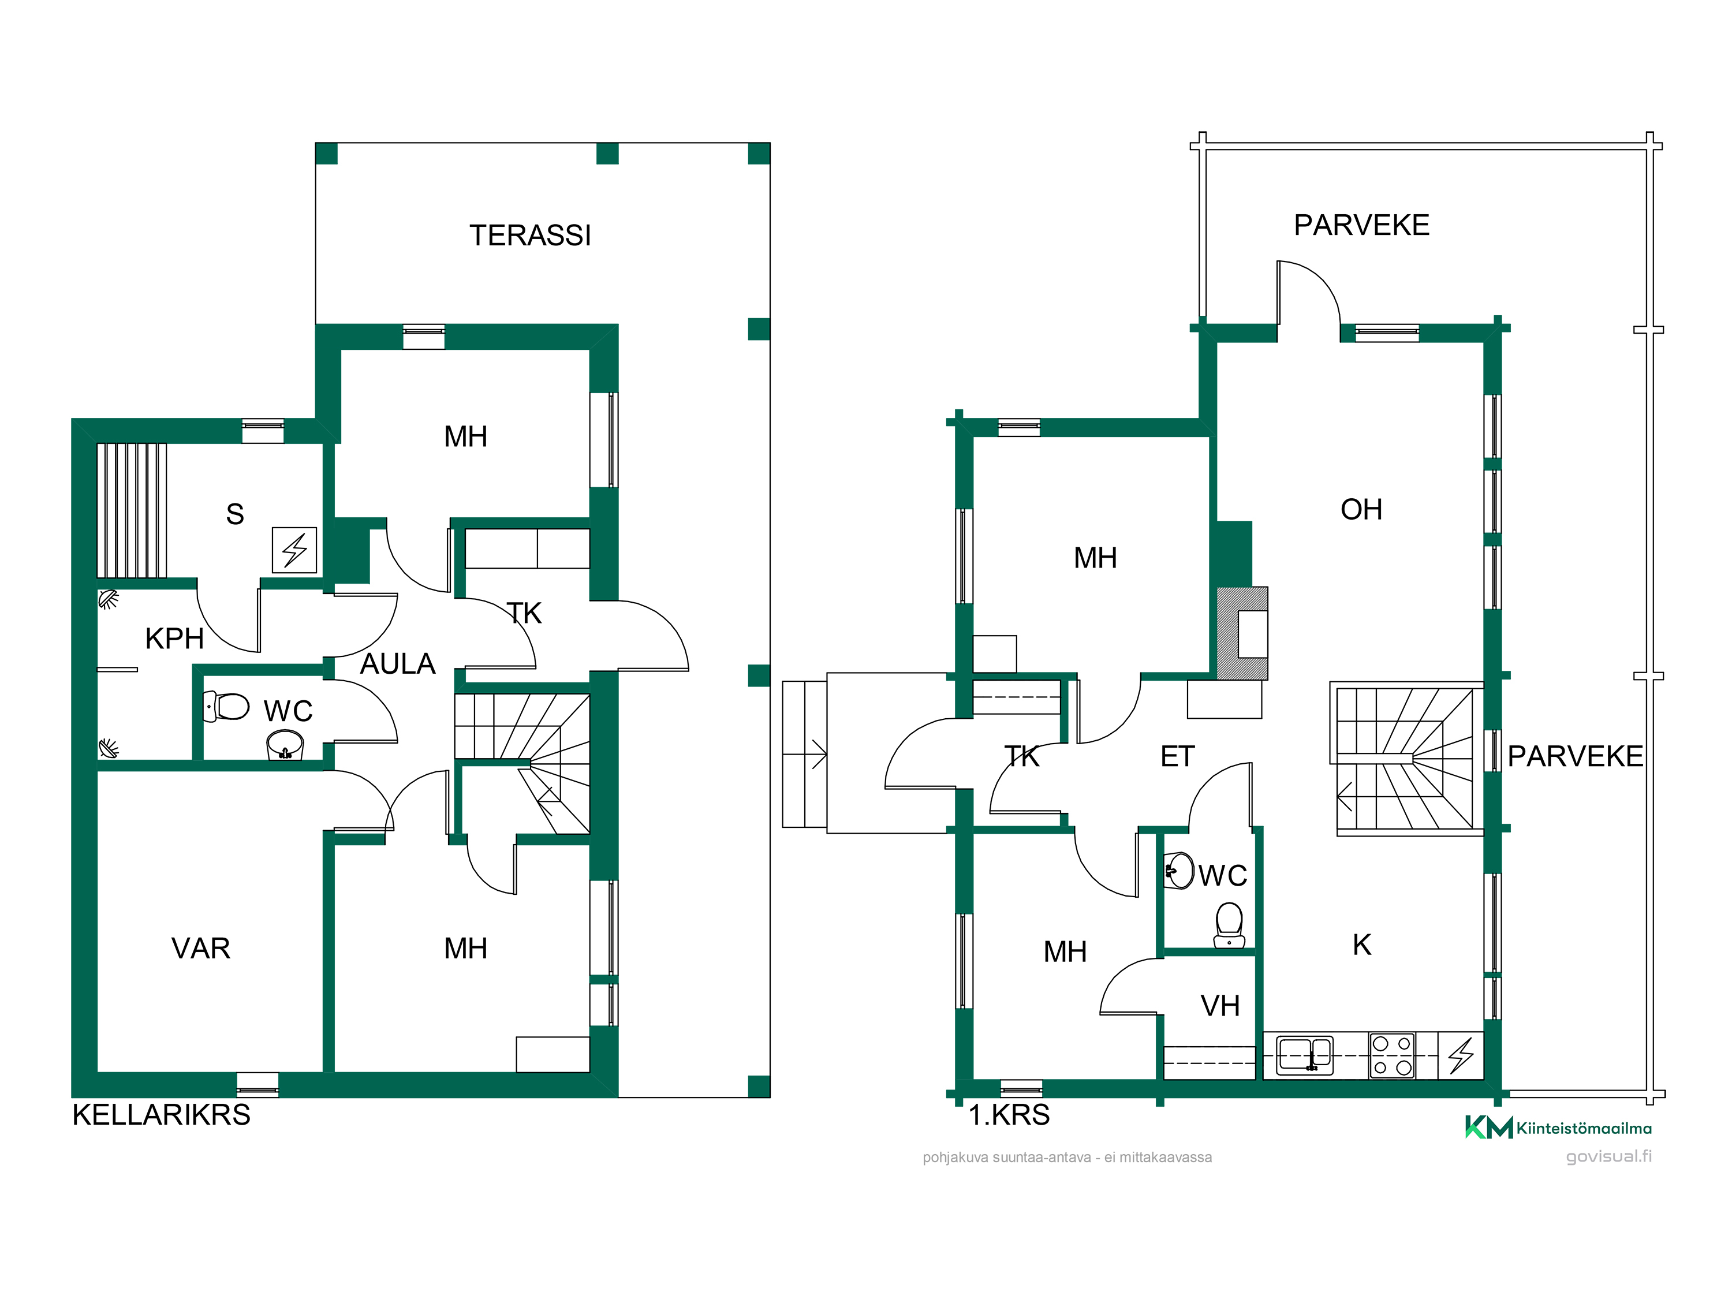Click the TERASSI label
[530, 236]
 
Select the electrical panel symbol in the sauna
[294, 550]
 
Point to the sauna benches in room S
[132, 510]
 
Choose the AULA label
[397, 664]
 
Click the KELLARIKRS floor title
[161, 1115]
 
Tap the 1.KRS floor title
[1009, 1115]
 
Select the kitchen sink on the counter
[1304, 1055]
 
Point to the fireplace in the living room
[1242, 633]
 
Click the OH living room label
[1361, 510]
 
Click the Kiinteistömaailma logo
[1558, 1128]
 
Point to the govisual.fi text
[1609, 1156]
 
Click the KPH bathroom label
[174, 639]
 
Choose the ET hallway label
[1178, 756]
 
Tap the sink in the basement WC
[285, 745]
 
